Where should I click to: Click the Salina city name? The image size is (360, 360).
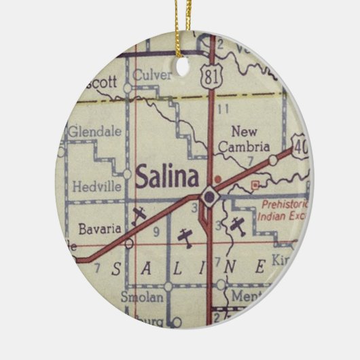pyautogui.click(x=166, y=178)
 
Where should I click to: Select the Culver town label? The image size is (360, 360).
pyautogui.click(x=152, y=75)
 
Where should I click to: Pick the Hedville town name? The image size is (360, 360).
pyautogui.click(x=94, y=183)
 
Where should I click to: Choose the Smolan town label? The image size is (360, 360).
pyautogui.click(x=141, y=297)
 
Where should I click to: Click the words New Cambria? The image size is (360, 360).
pyautogui.click(x=250, y=138)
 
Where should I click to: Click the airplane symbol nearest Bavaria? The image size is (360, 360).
pyautogui.click(x=140, y=215)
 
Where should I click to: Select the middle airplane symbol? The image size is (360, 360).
pyautogui.click(x=185, y=236)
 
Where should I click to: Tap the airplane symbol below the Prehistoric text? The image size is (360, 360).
pyautogui.click(x=237, y=226)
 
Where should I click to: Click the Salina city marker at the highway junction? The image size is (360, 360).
pyautogui.click(x=210, y=197)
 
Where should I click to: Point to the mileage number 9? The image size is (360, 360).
pyautogui.click(x=156, y=232)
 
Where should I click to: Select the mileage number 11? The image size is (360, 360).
pyautogui.click(x=222, y=109)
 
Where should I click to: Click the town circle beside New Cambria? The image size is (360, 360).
pyautogui.click(x=272, y=160)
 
